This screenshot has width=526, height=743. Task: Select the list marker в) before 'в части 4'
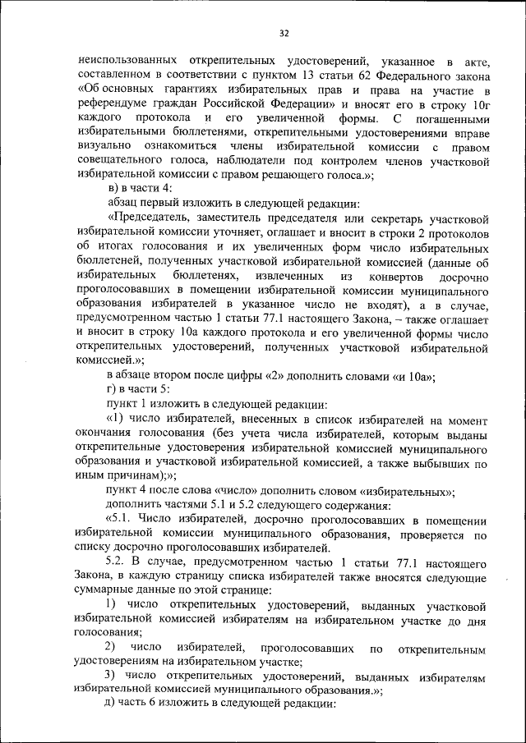[x=113, y=189]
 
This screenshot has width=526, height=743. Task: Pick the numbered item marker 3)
[x=113, y=676]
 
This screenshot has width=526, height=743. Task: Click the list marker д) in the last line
[x=113, y=704]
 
